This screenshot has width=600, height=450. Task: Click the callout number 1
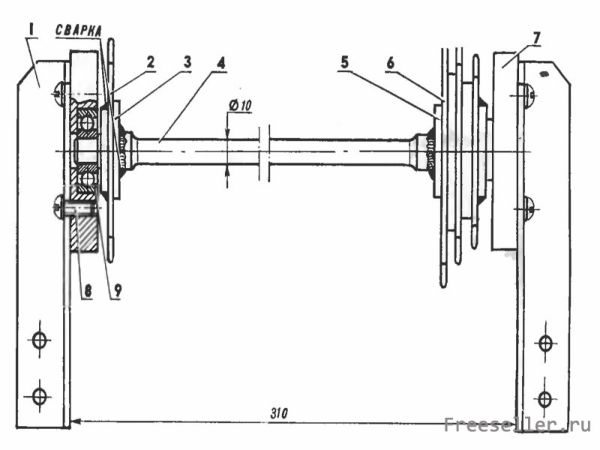coord(32,31)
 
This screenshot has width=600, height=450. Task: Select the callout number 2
coord(150,62)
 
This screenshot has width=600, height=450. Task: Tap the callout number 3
coord(187,61)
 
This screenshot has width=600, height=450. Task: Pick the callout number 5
coord(345,62)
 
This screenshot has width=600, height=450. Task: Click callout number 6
coord(390,63)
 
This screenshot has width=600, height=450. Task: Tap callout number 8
coord(88,292)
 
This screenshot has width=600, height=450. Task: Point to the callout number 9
coord(116,291)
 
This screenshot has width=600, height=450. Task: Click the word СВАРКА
coord(78,31)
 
